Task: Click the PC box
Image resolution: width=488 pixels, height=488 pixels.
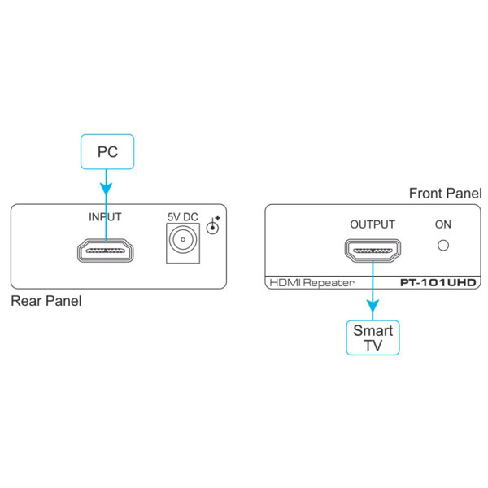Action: click(107, 151)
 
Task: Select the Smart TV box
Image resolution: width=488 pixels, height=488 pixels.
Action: click(373, 338)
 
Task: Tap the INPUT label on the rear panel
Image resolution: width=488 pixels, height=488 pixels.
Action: click(105, 217)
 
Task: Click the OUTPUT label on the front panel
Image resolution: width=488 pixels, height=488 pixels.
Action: click(373, 224)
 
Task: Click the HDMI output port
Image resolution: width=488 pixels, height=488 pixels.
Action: click(373, 251)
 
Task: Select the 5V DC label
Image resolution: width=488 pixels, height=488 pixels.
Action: click(183, 217)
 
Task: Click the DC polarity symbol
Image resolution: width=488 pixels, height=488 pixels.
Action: click(213, 226)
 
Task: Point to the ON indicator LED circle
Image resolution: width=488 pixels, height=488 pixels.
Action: click(443, 244)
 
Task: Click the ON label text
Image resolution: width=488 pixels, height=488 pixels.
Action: click(443, 224)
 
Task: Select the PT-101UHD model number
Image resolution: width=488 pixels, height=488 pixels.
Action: click(436, 283)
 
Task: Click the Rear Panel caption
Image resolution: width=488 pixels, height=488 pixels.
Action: click(46, 302)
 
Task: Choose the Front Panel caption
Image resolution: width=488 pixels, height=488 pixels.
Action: click(445, 194)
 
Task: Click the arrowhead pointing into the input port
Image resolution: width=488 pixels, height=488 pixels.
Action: click(106, 192)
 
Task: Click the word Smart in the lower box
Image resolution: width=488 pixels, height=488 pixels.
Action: click(373, 330)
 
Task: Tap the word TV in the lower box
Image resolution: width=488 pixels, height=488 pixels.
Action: click(373, 346)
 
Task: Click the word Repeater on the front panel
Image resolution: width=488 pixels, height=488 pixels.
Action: click(329, 283)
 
